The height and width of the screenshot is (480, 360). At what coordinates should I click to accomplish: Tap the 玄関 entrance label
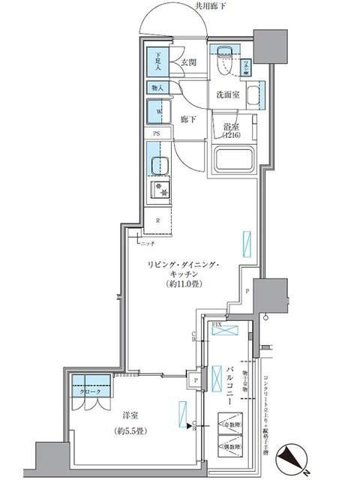pyautogui.click(x=187, y=64)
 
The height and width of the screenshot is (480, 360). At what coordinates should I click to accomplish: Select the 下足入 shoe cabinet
pyautogui.click(x=158, y=61)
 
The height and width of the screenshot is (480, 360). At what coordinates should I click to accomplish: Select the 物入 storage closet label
pyautogui.click(x=157, y=88)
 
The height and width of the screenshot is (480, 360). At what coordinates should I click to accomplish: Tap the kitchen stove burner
pyautogui.click(x=159, y=190)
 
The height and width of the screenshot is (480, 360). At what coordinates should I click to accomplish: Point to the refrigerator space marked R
pyautogui.click(x=157, y=220)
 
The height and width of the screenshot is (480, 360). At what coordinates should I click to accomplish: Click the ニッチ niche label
pyautogui.click(x=147, y=244)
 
